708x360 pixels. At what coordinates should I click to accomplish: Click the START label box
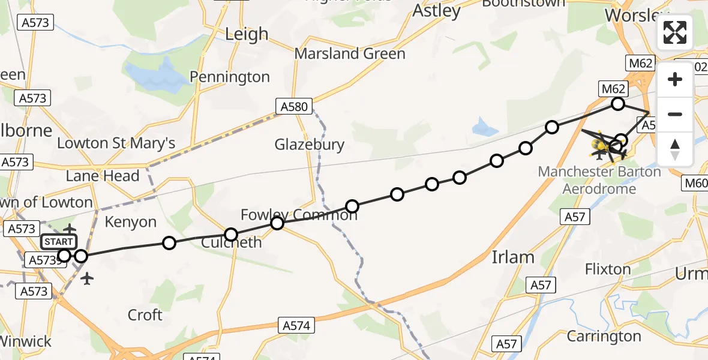(59, 242)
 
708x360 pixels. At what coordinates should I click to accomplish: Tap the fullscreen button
(675, 32)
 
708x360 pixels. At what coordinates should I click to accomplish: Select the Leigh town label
(246, 35)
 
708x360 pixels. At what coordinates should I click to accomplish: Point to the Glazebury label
(310, 145)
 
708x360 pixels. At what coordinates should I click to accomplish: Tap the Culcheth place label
(232, 243)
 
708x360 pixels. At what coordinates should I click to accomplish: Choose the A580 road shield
(295, 107)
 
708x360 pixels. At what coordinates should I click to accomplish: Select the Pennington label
(230, 77)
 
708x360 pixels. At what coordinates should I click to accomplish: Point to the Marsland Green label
(350, 54)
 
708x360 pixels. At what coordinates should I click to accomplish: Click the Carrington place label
(604, 337)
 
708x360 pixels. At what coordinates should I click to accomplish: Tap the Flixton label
(608, 269)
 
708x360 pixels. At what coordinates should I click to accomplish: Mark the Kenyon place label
(130, 222)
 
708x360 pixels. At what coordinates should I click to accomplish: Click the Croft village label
(145, 315)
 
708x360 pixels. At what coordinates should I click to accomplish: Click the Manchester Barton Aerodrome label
(599, 180)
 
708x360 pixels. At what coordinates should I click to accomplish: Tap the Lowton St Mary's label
(116, 143)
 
